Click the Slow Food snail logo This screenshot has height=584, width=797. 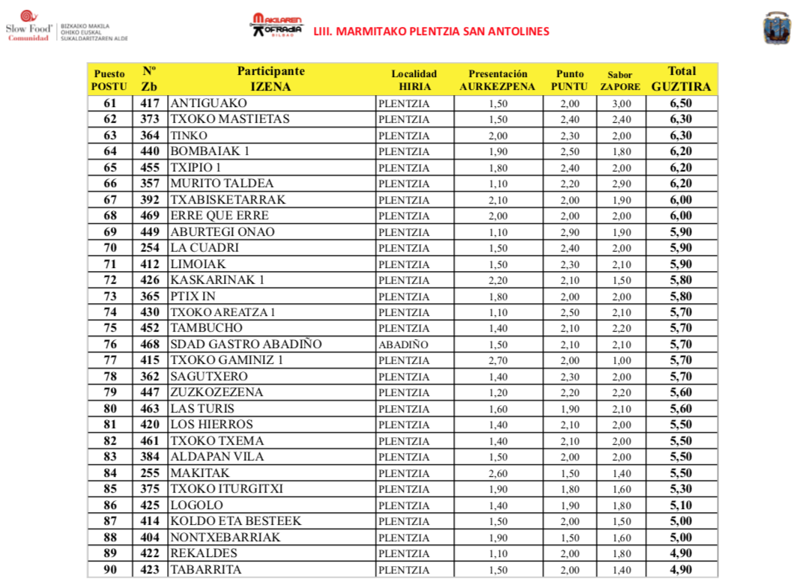point(27,17)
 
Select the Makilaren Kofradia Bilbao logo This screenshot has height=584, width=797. point(277,25)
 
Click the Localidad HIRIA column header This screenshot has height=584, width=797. point(413,80)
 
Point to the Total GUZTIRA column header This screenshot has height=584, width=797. point(681,79)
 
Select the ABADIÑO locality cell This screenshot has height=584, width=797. point(404,344)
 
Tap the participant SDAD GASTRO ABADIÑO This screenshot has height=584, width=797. point(246,344)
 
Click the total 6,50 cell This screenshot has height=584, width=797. point(681,103)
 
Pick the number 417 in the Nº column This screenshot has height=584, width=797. point(150,103)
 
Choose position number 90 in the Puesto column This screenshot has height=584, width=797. point(110,570)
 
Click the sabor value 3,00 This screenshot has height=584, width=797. point(621,104)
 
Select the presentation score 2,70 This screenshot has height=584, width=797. point(498,361)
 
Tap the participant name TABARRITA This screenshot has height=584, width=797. point(206,570)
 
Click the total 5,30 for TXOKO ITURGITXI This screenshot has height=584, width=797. point(681,490)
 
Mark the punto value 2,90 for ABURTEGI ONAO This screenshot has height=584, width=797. point(570,232)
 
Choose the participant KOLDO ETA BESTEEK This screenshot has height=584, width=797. point(235,521)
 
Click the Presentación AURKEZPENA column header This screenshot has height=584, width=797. point(497,80)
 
